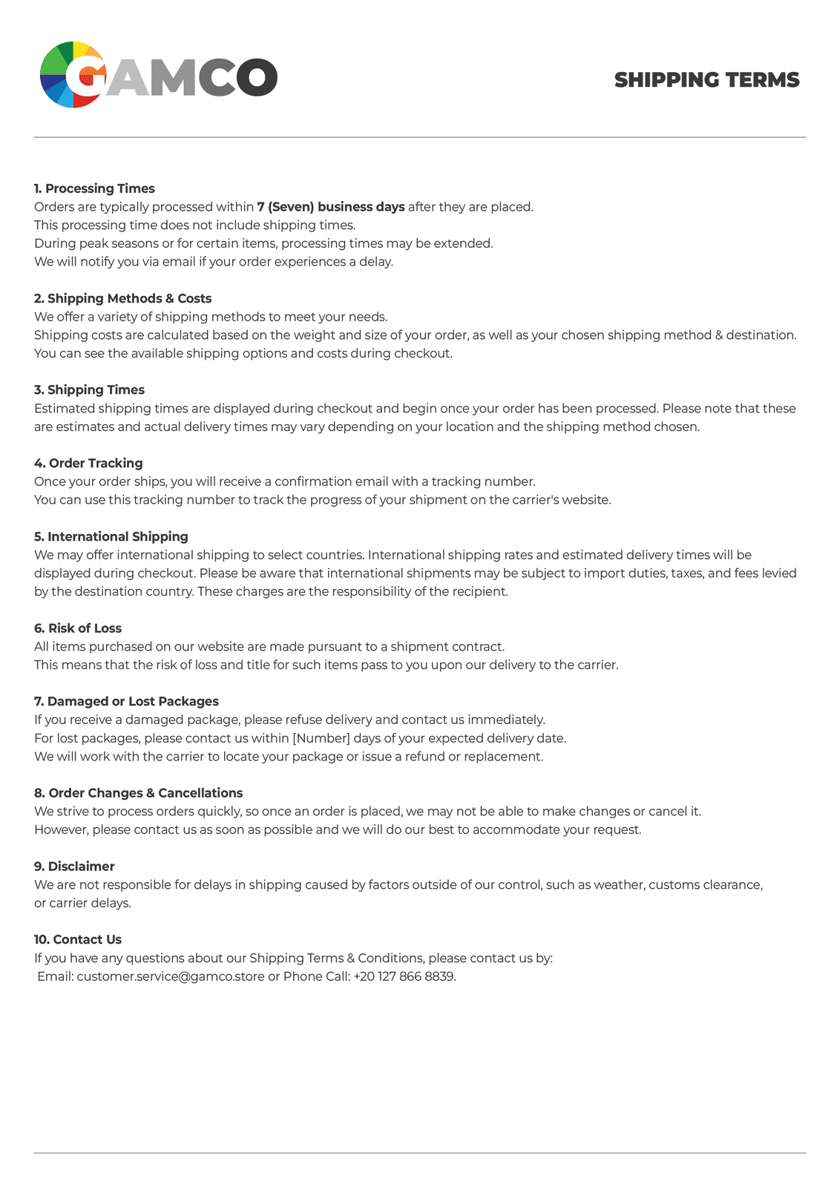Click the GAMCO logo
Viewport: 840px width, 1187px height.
(158, 75)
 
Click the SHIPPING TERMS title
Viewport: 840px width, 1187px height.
(706, 80)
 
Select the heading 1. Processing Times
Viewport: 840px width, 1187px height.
(94, 188)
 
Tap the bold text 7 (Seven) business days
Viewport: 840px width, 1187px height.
(331, 207)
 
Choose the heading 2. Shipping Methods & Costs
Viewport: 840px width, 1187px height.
(122, 298)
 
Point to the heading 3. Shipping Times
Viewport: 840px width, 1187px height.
(89, 390)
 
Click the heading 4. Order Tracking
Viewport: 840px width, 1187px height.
(88, 463)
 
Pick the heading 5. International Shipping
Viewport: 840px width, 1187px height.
(111, 536)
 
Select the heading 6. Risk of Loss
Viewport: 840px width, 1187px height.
(78, 628)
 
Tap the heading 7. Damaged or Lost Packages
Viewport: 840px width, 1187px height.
(126, 701)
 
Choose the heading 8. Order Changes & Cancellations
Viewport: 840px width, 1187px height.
(138, 793)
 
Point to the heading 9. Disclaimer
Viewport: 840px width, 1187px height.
(74, 867)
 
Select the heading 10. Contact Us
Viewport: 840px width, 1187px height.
(78, 939)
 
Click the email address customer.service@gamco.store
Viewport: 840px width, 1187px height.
(171, 976)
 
